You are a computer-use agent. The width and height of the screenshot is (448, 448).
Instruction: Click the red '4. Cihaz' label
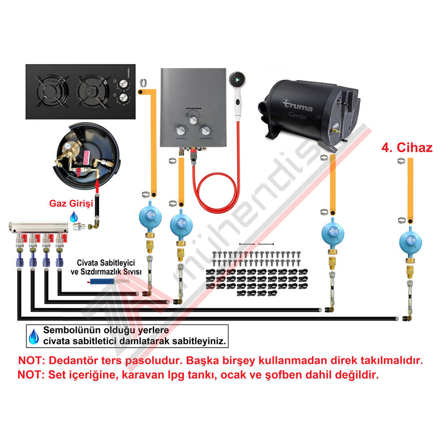click(x=407, y=148)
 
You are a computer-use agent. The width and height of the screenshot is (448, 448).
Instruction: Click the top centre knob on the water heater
click(x=194, y=120)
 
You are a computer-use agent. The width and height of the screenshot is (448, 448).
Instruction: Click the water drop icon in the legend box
click(x=34, y=336)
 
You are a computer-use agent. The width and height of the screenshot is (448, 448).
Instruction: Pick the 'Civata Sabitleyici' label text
click(x=106, y=263)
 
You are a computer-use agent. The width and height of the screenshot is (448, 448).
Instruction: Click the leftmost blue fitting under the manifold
click(x=20, y=259)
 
